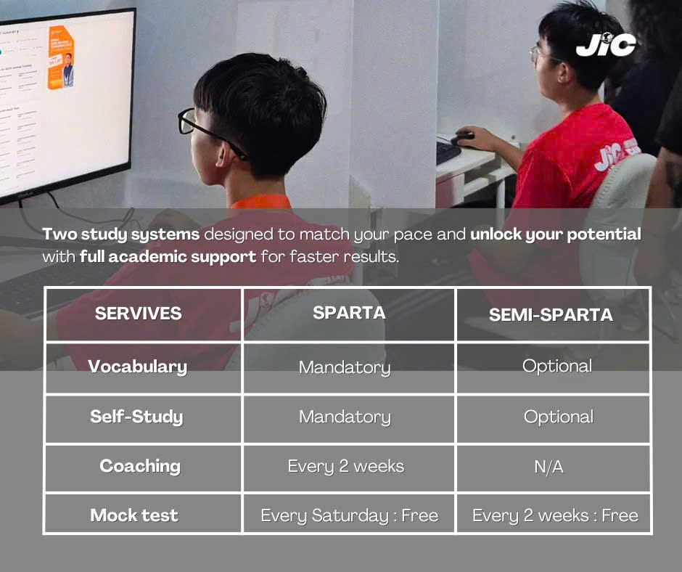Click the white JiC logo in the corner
606,44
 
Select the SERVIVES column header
139,314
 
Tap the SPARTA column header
349,313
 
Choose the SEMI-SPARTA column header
551,315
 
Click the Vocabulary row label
137,367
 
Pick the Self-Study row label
136,417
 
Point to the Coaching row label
139,466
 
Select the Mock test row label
134,515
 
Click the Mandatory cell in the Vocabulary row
345,368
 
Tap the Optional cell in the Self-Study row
559,417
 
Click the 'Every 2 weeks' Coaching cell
346,467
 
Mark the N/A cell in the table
549,467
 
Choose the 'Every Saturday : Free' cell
349,516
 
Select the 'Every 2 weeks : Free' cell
556,516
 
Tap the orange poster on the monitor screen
62,57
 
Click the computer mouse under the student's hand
463,139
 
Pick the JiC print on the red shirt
617,154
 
